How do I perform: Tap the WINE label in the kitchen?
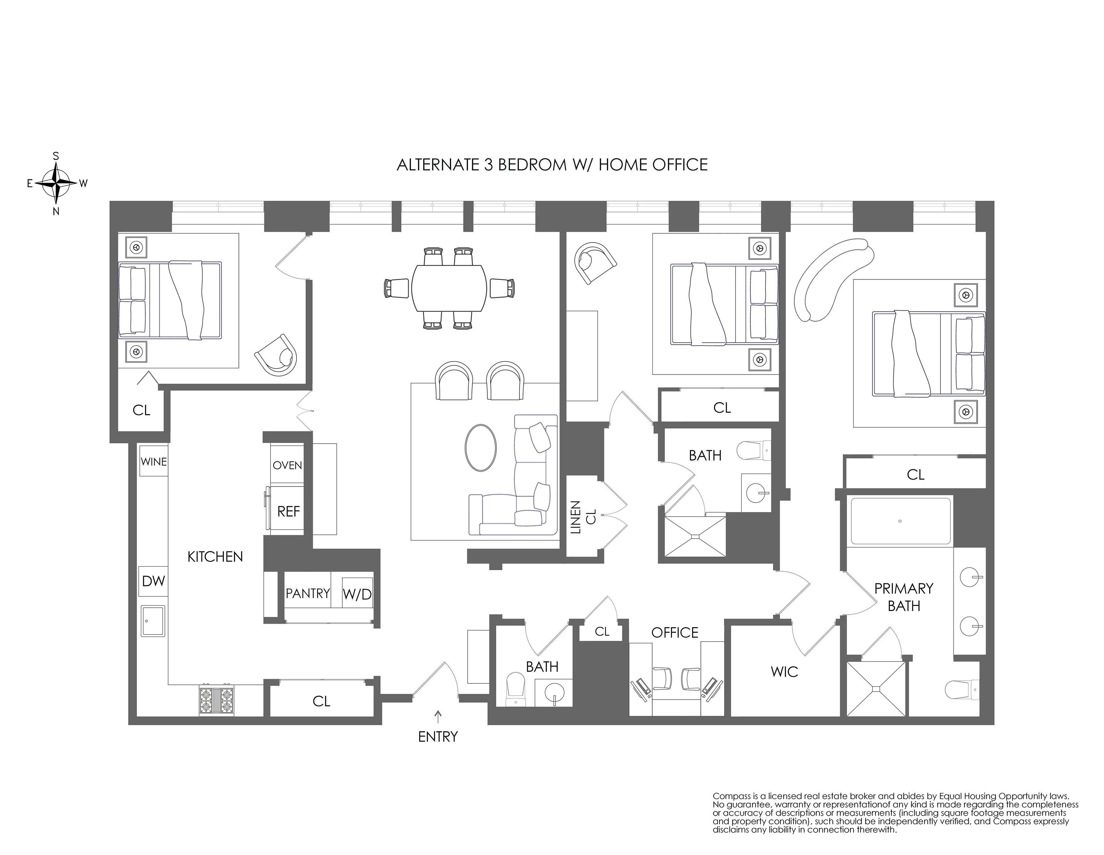154,461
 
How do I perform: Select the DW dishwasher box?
153,581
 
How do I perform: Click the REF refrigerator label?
288,511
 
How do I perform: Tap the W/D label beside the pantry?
357,594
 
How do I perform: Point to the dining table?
449,288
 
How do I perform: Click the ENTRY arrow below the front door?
438,716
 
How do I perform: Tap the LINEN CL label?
583,517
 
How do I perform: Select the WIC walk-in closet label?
784,672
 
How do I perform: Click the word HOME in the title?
623,165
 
